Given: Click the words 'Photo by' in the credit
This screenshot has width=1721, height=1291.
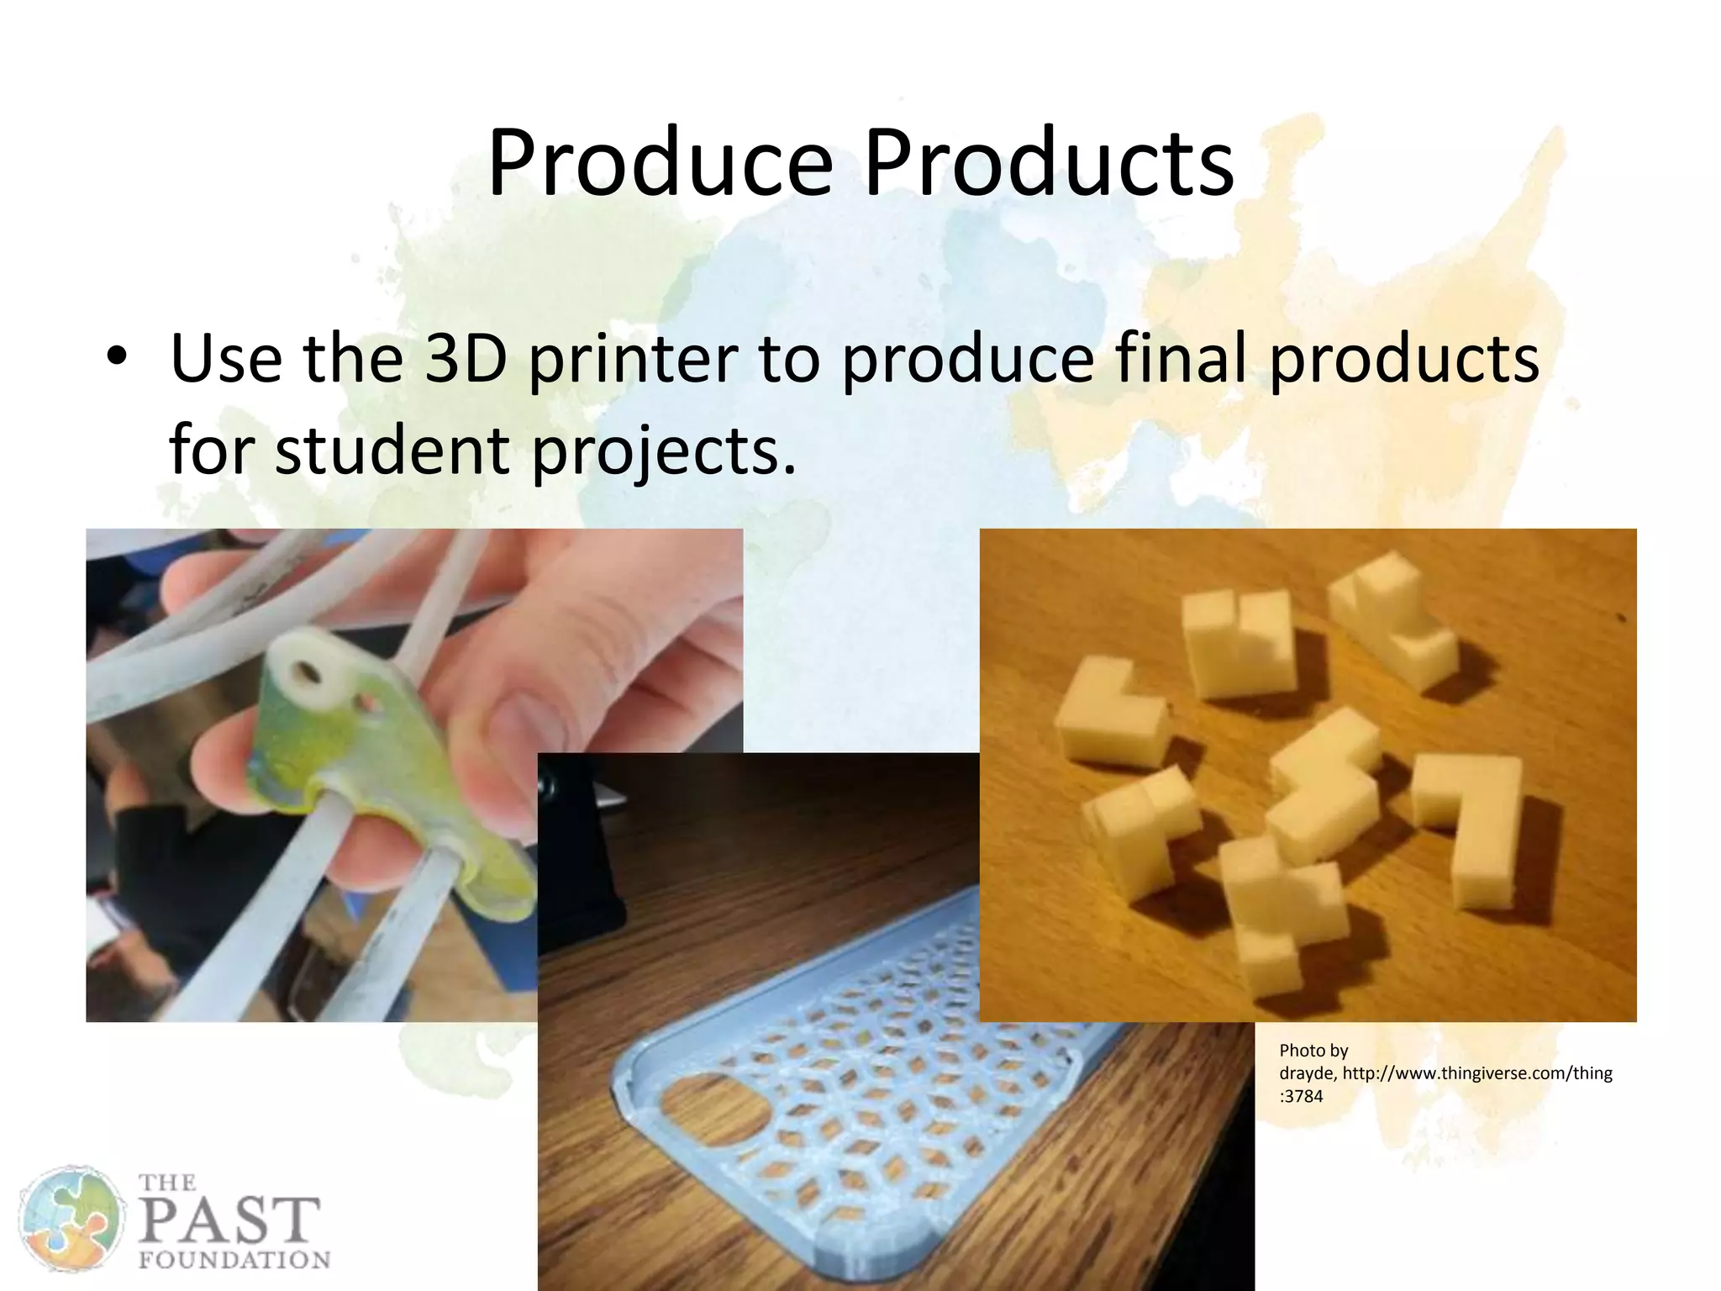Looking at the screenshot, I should (1313, 1051).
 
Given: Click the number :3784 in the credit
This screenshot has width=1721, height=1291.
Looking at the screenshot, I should (1301, 1096).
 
